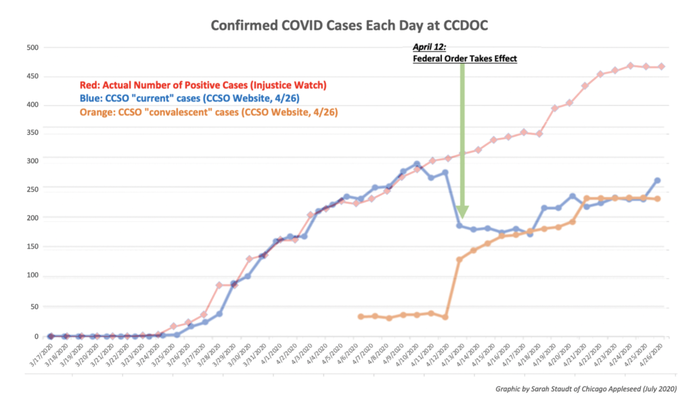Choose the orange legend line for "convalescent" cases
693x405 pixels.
pyautogui.click(x=209, y=112)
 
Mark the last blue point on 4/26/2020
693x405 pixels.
pyautogui.click(x=657, y=181)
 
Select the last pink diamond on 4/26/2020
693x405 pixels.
pyautogui.click(x=661, y=66)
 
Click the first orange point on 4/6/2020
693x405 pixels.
pyautogui.click(x=361, y=316)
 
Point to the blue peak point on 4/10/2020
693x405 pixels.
pyautogui.click(x=418, y=164)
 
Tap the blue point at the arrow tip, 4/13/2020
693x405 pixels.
pyautogui.click(x=460, y=226)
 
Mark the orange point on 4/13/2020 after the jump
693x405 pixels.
pyautogui.click(x=460, y=259)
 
